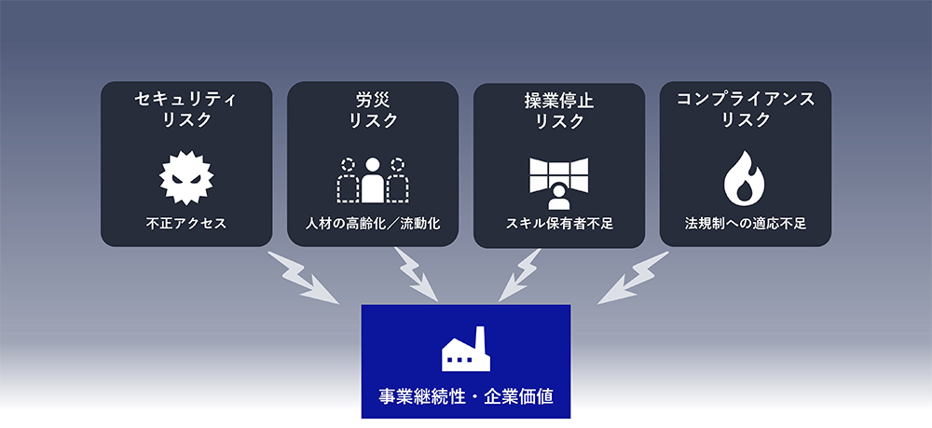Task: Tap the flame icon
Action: tap(745, 177)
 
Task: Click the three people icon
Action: tap(373, 179)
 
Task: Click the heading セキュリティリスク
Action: tap(186, 108)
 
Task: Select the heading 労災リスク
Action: tap(373, 108)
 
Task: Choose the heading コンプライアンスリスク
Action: tap(745, 108)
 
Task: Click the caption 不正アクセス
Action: tap(186, 224)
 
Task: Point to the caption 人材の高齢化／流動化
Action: tap(373, 224)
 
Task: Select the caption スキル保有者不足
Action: tap(559, 224)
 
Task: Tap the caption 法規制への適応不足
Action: tap(745, 224)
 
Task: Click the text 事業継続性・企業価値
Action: tap(465, 395)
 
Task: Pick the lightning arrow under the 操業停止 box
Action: tap(519, 277)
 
